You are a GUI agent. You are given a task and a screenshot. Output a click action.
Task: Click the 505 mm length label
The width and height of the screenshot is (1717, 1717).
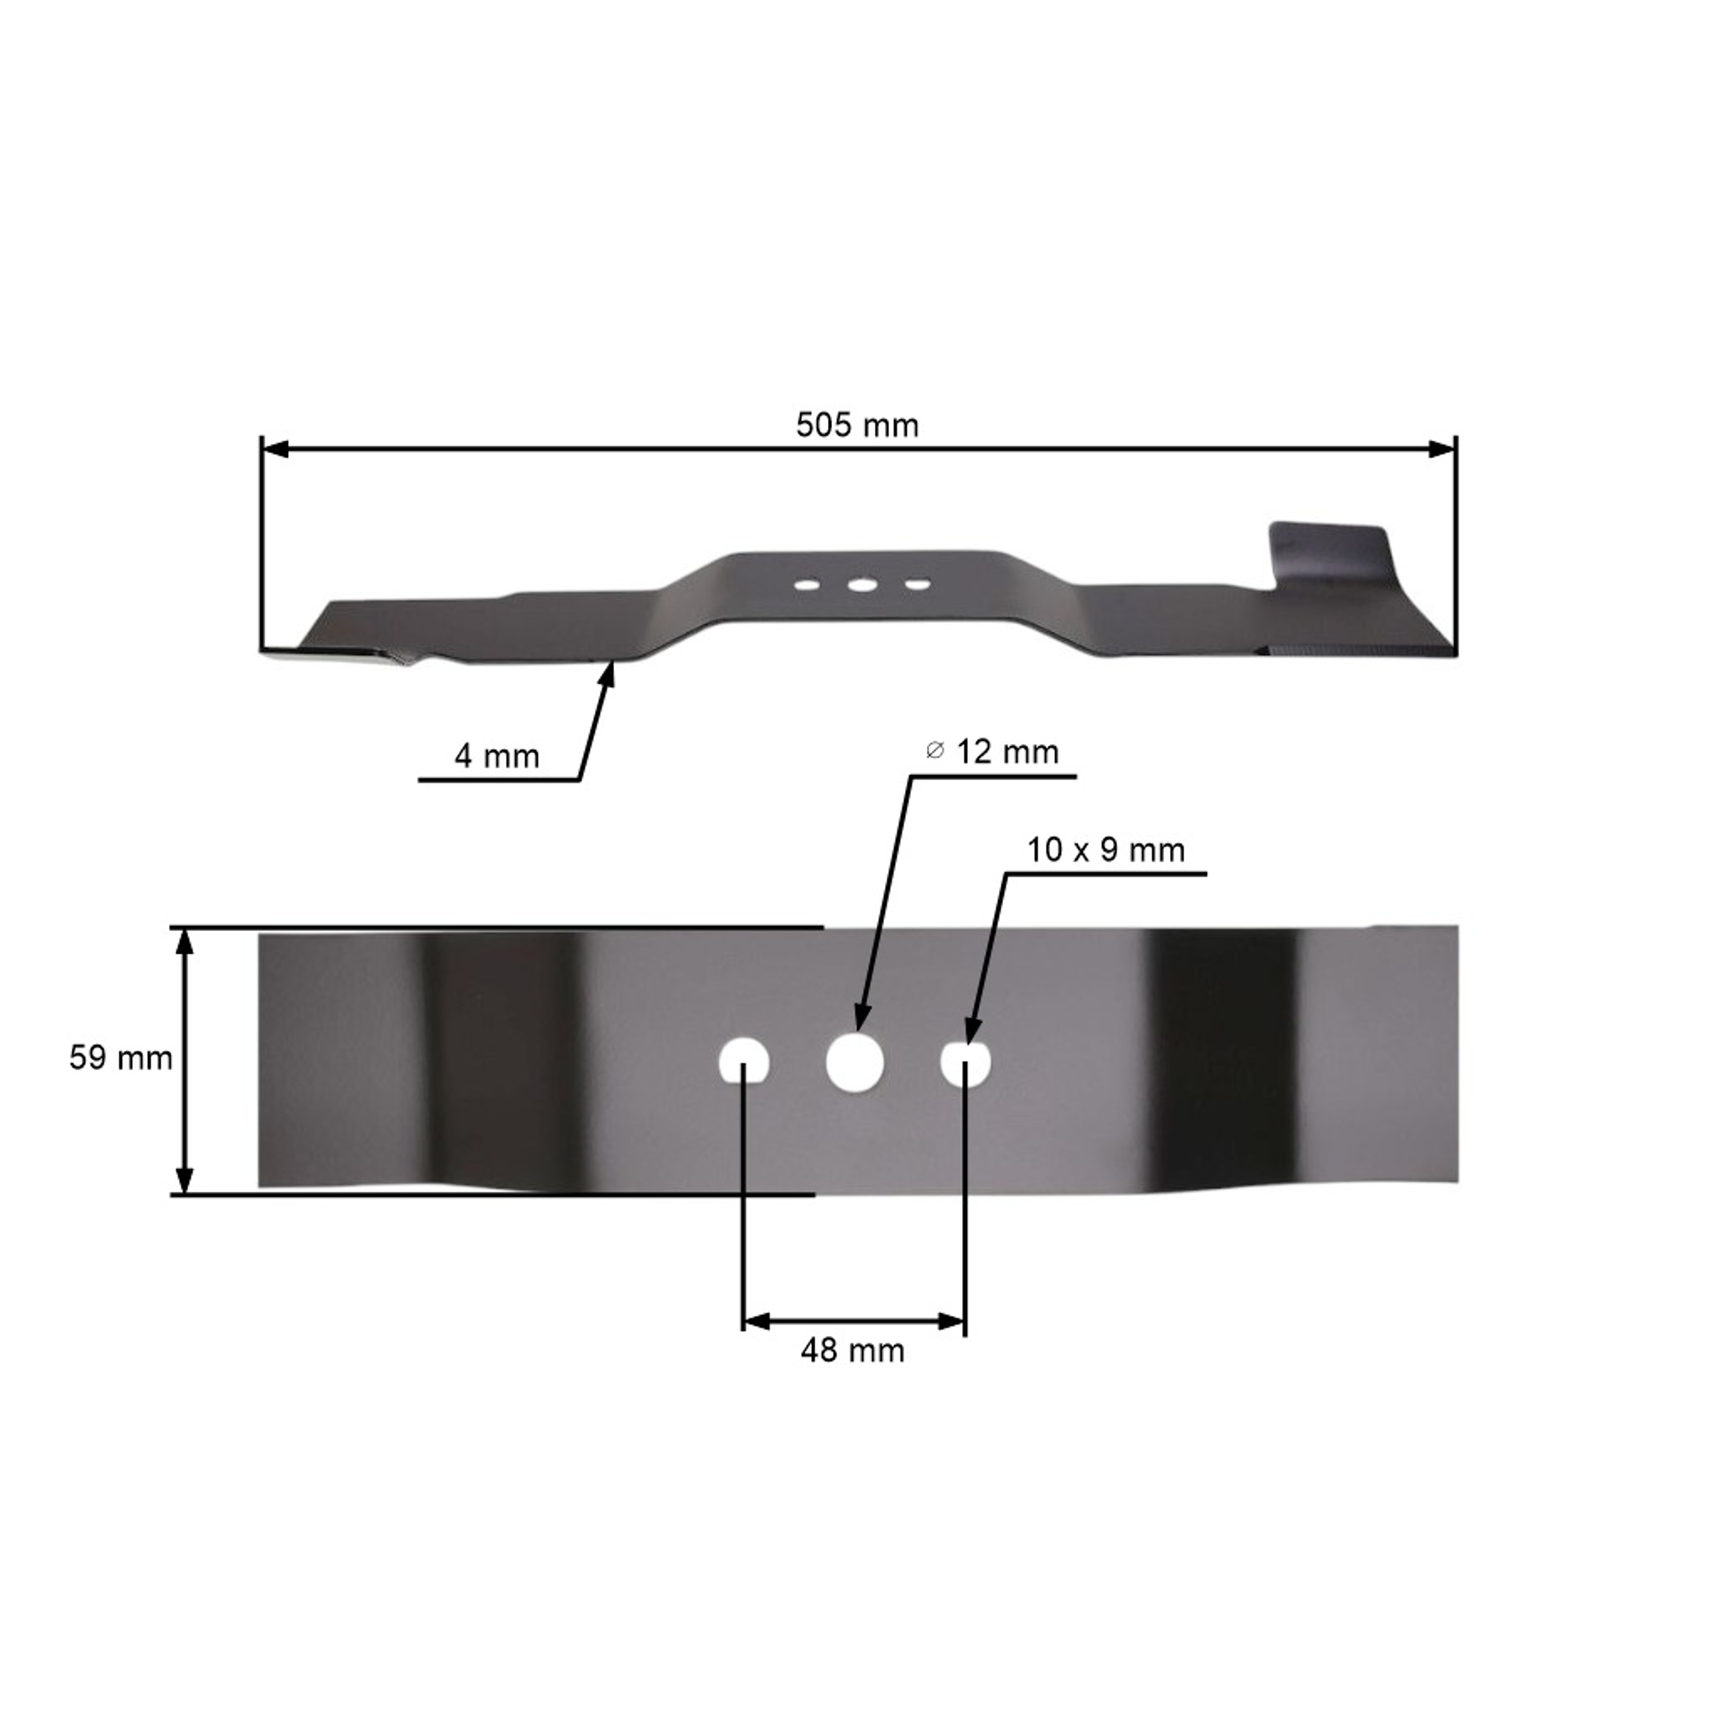(857, 426)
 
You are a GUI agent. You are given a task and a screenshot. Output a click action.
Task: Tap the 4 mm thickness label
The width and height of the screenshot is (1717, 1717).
(497, 756)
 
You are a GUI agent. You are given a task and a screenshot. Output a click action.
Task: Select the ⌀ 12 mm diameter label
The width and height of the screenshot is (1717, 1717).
(992, 752)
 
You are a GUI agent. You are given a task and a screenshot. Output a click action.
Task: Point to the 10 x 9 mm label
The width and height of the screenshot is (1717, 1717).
(1106, 850)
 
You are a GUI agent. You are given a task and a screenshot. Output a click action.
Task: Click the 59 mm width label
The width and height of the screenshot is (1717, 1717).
(121, 1058)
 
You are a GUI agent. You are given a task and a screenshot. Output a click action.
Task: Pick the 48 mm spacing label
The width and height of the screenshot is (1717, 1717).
(852, 1351)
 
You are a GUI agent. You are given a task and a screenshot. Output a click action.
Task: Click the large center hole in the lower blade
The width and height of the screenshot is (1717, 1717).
(854, 1062)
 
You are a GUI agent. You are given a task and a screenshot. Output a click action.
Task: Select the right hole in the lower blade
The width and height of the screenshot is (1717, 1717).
(965, 1063)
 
